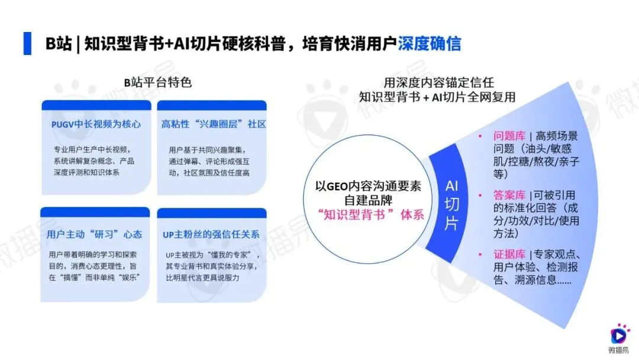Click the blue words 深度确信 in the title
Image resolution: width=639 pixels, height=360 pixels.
[429, 44]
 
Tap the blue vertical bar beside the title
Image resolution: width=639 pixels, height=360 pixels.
[27, 44]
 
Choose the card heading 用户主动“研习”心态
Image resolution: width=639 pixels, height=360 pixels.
[94, 234]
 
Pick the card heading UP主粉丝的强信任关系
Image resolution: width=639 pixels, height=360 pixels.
[211, 234]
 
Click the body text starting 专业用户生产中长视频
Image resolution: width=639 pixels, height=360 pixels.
[95, 149]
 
